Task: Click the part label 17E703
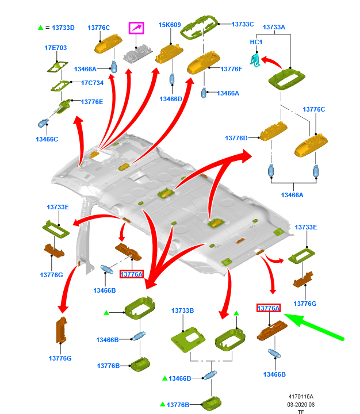tap(56, 48)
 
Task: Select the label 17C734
tap(92, 83)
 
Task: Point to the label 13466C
tap(47, 139)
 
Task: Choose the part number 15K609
tap(170, 25)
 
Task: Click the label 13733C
tap(243, 24)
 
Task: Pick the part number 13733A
tap(274, 28)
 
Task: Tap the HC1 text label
tap(256, 43)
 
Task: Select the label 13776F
tap(231, 69)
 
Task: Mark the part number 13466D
tap(171, 99)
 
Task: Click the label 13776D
tap(236, 139)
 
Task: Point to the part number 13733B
tap(182, 311)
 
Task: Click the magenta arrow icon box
tap(136, 28)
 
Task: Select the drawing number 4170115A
tap(301, 397)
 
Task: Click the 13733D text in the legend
tap(63, 28)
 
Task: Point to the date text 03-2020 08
tap(301, 404)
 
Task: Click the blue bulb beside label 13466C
tap(43, 122)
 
